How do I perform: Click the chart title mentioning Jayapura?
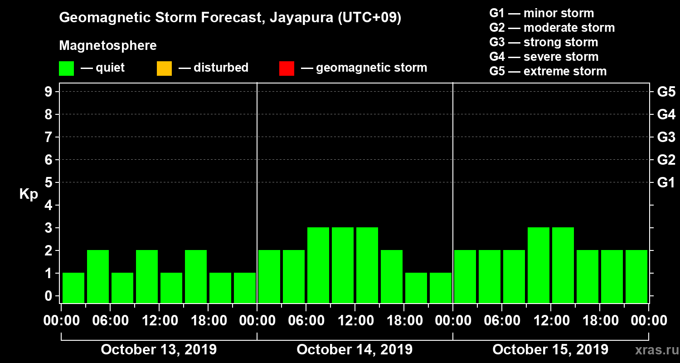[x=230, y=18]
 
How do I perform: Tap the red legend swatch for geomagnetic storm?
[x=287, y=69]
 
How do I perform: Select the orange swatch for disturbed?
[x=164, y=69]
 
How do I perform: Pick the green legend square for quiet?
[x=66, y=69]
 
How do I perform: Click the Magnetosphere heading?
[x=108, y=46]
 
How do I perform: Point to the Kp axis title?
[x=29, y=194]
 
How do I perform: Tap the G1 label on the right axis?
[x=666, y=183]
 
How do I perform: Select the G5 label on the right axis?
[x=666, y=92]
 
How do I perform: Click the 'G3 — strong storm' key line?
[x=544, y=42]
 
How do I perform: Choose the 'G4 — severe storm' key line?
[x=544, y=57]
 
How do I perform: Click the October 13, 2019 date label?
[x=159, y=350]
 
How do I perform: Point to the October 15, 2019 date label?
[x=550, y=350]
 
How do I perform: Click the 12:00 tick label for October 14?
[x=355, y=320]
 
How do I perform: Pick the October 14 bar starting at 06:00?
[x=318, y=265]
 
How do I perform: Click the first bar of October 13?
[x=73, y=288]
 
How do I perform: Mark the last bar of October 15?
[x=636, y=276]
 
